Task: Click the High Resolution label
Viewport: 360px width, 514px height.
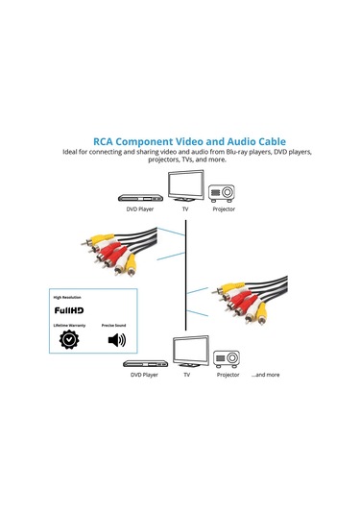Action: (x=70, y=298)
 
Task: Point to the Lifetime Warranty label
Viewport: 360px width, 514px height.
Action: (x=70, y=328)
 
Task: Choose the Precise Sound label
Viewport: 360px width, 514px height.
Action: (x=116, y=328)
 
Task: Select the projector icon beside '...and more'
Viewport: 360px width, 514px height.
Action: (x=228, y=358)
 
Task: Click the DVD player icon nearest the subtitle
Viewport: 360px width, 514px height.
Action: (x=140, y=190)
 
